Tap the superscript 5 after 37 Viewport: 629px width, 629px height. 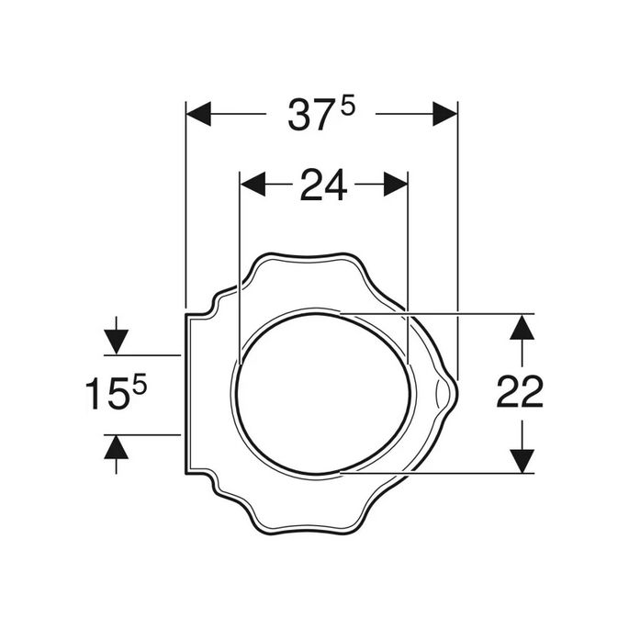[x=347, y=106]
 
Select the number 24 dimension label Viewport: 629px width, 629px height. [x=322, y=185]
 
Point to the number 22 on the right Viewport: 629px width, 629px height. [x=520, y=393]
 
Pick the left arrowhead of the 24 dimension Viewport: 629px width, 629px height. [x=253, y=185]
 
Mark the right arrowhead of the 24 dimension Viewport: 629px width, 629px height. [x=395, y=185]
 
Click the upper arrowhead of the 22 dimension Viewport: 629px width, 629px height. [x=522, y=327]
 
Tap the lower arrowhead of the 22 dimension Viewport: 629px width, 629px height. [x=522, y=460]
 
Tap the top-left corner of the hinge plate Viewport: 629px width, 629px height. [x=187, y=314]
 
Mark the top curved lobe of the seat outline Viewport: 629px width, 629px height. [x=303, y=254]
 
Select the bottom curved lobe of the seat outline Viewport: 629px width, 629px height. [x=303, y=532]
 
